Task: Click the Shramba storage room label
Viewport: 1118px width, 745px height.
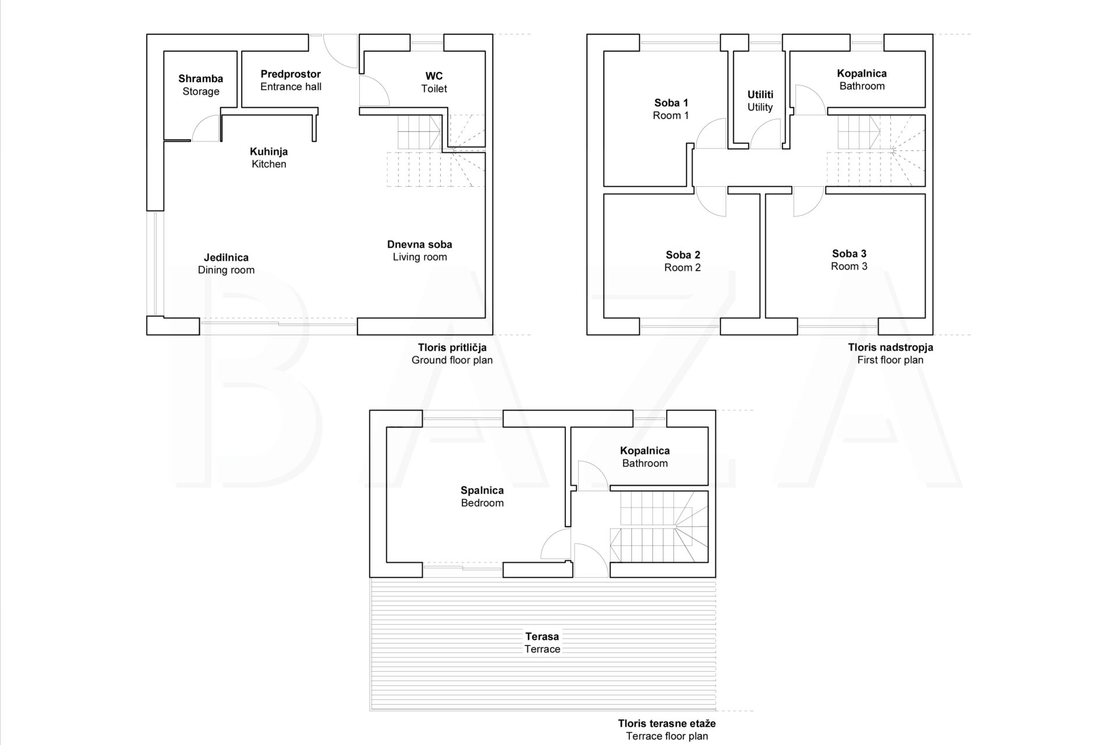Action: [201, 85]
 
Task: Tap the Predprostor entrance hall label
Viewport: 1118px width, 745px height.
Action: [291, 80]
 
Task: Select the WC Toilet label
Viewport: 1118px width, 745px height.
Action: [434, 82]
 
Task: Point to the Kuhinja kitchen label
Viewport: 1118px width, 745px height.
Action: [269, 158]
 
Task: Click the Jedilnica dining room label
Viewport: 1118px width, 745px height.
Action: [226, 264]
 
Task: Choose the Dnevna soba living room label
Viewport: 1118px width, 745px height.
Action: [420, 251]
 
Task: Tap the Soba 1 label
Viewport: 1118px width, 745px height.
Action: [671, 109]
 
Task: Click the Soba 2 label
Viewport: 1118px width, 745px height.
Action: [682, 261]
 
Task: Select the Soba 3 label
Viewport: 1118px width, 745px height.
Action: [849, 260]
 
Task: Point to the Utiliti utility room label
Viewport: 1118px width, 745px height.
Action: [760, 101]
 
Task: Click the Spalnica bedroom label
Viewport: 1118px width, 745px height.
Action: [482, 496]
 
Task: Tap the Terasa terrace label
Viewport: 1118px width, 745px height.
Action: [542, 643]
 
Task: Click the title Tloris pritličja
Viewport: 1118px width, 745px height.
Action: [452, 347]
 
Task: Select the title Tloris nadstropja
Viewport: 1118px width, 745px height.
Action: [890, 347]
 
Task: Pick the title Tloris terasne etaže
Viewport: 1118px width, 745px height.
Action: [667, 723]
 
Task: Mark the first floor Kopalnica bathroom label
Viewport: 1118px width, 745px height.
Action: [862, 80]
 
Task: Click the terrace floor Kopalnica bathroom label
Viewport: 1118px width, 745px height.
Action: [645, 457]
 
